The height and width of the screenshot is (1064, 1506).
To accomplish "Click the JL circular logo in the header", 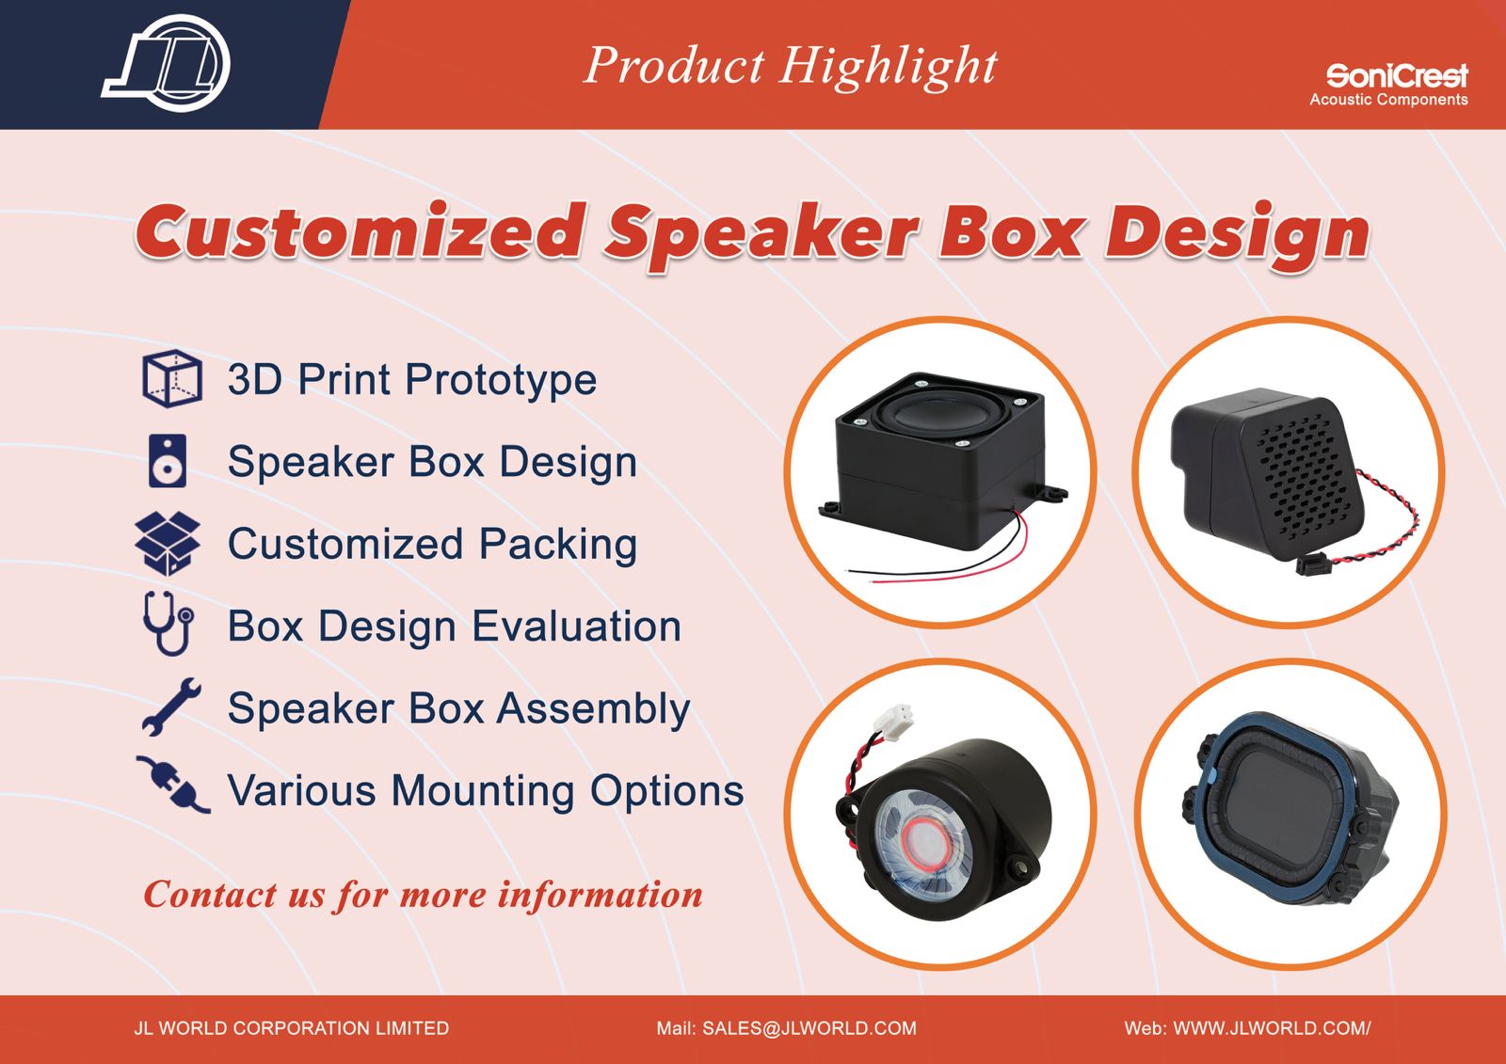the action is click(x=166, y=63).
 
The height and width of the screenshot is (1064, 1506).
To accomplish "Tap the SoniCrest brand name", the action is click(x=1397, y=76).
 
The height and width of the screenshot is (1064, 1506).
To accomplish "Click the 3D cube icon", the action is click(x=171, y=378).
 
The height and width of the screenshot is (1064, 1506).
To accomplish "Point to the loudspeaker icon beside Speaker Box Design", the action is click(x=168, y=460).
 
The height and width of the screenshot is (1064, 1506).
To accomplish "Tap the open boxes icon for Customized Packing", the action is click(x=168, y=544).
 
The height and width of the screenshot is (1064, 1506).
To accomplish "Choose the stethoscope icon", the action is click(x=168, y=623).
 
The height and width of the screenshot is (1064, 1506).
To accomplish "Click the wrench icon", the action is click(x=171, y=707).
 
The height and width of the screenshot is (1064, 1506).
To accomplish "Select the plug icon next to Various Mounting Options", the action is click(x=173, y=785).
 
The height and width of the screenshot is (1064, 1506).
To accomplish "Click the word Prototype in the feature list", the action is click(x=501, y=380).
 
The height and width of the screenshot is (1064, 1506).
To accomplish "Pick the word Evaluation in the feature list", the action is click(x=577, y=627).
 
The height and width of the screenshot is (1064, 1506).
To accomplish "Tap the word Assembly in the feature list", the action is click(x=593, y=710).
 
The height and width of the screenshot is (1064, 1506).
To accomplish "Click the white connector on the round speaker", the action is click(x=894, y=722).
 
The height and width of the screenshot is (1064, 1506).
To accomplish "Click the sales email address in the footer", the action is click(x=809, y=1027).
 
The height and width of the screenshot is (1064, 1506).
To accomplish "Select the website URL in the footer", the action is click(x=1272, y=1027).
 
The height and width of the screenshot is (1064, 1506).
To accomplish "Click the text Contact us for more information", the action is click(x=423, y=896).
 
